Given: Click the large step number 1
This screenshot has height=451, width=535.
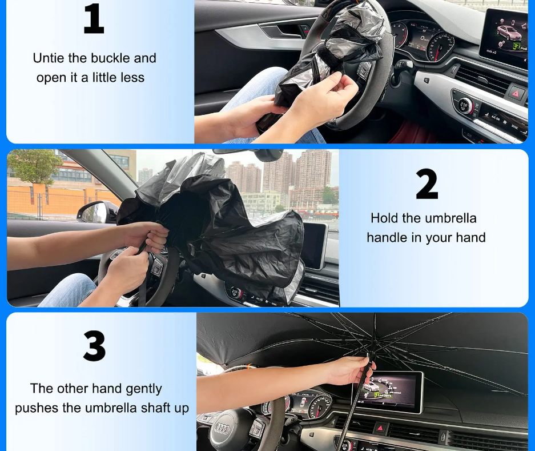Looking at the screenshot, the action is pyautogui.click(x=94, y=19).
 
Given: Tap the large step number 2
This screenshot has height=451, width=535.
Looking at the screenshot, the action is pyautogui.click(x=427, y=184).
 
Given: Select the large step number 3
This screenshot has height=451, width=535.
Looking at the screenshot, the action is pyautogui.click(x=95, y=346).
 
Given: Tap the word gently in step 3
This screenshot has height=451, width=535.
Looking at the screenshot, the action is pyautogui.click(x=144, y=389).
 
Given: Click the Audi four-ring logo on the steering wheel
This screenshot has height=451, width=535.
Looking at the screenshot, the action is pyautogui.click(x=222, y=428).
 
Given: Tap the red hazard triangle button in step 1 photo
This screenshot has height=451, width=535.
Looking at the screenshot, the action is pyautogui.click(x=516, y=93).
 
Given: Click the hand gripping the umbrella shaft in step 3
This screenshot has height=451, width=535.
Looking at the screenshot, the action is pyautogui.click(x=352, y=370).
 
